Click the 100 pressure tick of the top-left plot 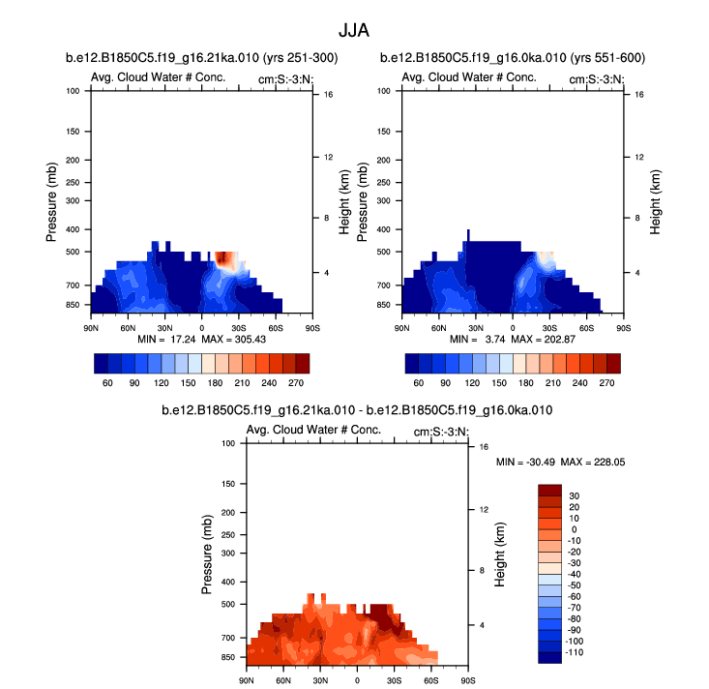coord(74,91)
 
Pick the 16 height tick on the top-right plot coord(627,95)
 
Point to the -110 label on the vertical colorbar coord(575,653)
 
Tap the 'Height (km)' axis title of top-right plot coord(655,202)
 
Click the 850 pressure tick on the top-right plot coord(385,305)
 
